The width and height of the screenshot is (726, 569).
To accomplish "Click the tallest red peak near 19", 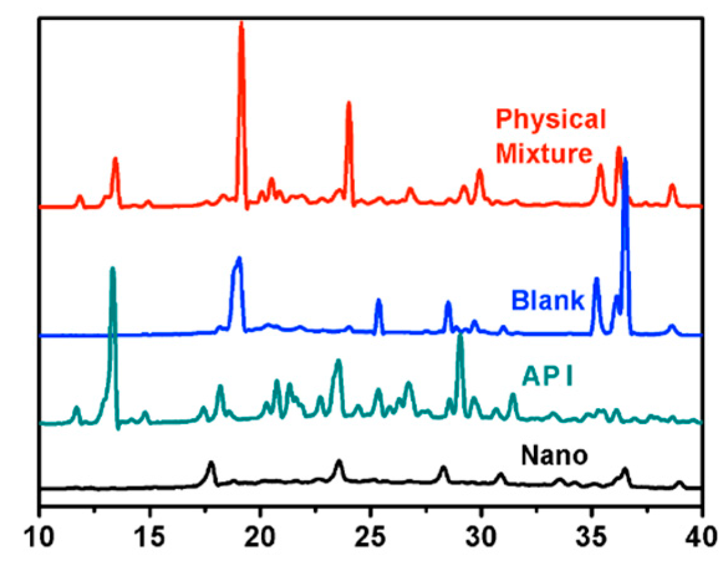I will (241, 25).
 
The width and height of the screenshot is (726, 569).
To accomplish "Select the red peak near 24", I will (349, 104).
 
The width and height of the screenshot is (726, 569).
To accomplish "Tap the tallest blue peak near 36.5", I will (625, 160).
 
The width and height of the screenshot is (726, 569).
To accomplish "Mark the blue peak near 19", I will (238, 259).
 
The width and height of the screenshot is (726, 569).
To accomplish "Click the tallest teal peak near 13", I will (113, 269).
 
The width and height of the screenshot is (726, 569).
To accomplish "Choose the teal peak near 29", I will (460, 336).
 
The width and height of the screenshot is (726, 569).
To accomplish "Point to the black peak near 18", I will (211, 463).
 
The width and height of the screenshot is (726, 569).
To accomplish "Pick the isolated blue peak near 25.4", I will (379, 301).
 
